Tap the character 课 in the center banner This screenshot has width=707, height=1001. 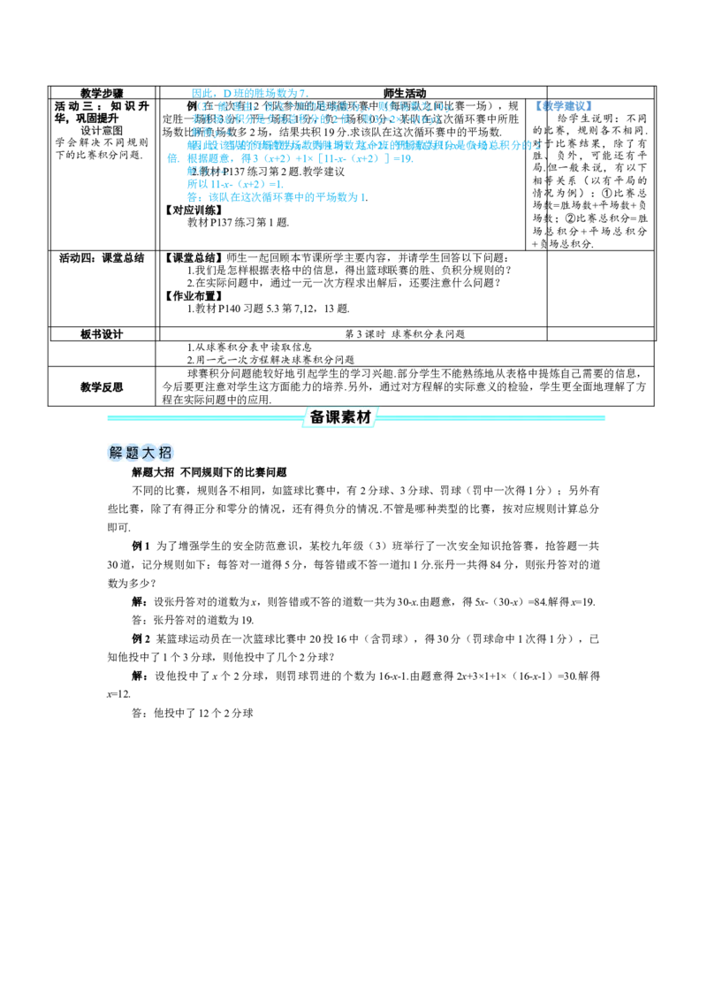click(334, 417)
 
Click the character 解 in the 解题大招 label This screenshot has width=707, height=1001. click(116, 454)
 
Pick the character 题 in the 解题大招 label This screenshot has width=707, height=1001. click(133, 454)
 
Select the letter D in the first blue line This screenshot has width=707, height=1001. click(226, 93)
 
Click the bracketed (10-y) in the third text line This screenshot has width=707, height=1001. click(425, 119)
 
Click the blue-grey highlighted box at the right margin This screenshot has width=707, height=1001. click(562, 106)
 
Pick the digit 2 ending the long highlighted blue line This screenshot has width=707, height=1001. click(538, 146)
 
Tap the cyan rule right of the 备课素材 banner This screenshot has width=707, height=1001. click(495, 417)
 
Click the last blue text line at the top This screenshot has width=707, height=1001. click(276, 199)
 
